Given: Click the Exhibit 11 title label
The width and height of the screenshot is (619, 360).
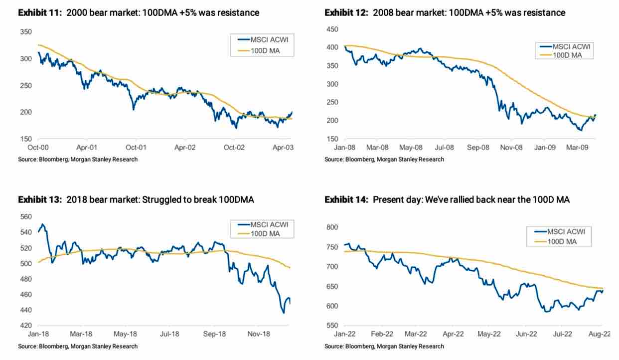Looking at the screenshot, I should pos(139,12).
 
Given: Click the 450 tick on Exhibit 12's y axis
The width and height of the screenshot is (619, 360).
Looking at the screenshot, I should pos(332,29).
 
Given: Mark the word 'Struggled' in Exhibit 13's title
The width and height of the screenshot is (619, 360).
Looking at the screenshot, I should pos(160,200).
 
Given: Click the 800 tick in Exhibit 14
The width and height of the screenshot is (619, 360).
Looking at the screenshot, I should pos(332,227).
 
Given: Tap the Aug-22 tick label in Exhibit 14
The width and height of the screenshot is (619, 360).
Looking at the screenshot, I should pos(600,335).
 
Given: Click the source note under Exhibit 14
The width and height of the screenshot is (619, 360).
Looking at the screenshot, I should pos(384,346).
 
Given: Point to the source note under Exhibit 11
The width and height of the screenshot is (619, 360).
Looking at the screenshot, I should pos(78,159).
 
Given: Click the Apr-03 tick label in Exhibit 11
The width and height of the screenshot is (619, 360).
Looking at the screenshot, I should pos(281,148).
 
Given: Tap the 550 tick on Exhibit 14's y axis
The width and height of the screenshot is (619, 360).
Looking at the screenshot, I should pos(332,325).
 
